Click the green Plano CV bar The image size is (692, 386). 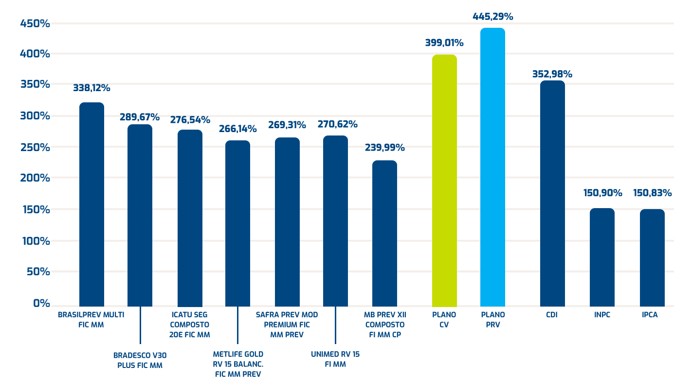(444, 180)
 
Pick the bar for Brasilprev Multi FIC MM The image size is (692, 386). (91, 204)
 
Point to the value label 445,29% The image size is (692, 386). (492, 17)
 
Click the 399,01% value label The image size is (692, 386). (444, 43)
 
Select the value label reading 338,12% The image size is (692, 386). (91, 88)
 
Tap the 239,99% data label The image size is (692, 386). (384, 148)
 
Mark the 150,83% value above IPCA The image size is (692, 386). (652, 193)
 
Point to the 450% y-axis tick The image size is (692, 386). (35, 23)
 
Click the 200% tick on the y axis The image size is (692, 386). (35, 178)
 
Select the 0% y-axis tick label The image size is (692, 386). (41, 303)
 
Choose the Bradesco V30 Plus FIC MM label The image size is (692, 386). (140, 360)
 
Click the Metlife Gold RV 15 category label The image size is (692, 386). (238, 364)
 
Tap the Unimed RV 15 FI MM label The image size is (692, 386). (335, 359)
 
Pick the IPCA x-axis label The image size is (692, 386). (650, 315)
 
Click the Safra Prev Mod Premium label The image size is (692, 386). (287, 325)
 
